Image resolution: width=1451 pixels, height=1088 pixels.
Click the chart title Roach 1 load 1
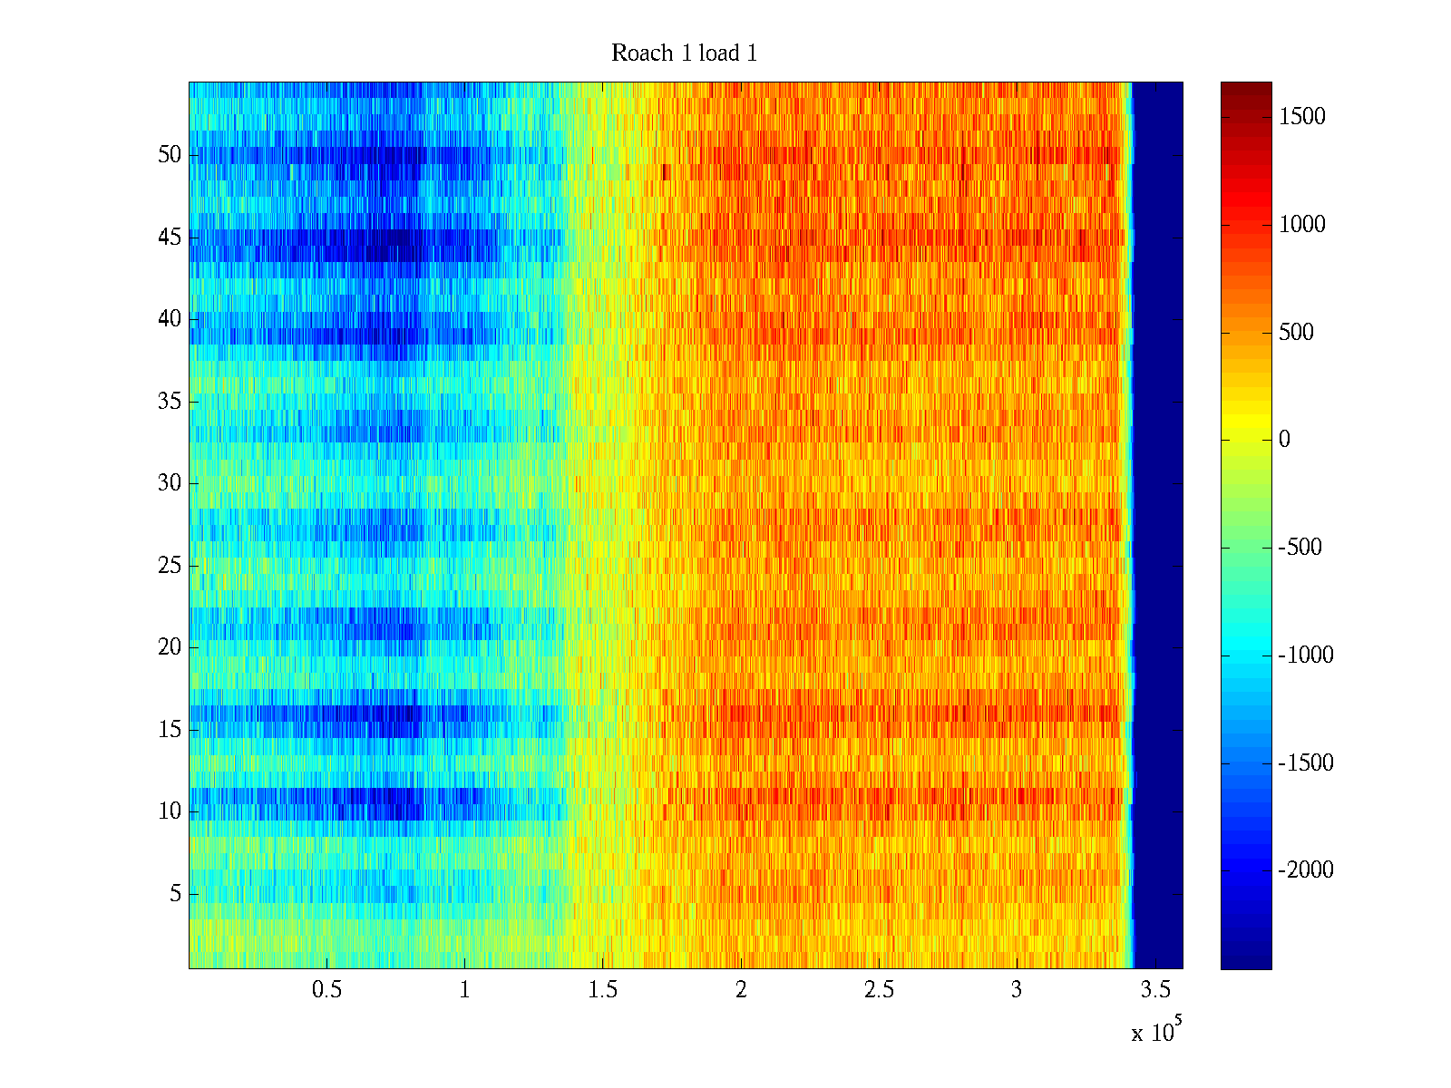pyautogui.click(x=684, y=53)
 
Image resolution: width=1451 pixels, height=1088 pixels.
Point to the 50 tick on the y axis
pyautogui.click(x=170, y=155)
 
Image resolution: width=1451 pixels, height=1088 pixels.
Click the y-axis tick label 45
pyautogui.click(x=170, y=238)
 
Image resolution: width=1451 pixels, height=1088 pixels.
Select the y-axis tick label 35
pyautogui.click(x=170, y=402)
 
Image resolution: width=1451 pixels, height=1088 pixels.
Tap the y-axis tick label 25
pyautogui.click(x=170, y=566)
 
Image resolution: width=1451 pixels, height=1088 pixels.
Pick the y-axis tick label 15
pyautogui.click(x=170, y=730)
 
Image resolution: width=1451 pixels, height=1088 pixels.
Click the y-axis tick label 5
pyautogui.click(x=175, y=894)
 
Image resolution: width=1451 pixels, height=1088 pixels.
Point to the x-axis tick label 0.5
pyautogui.click(x=327, y=990)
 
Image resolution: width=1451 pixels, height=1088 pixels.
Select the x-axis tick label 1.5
pyautogui.click(x=603, y=990)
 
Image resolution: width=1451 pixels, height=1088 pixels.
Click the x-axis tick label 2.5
pyautogui.click(x=879, y=990)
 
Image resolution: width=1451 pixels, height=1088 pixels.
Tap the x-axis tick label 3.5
pyautogui.click(x=1154, y=990)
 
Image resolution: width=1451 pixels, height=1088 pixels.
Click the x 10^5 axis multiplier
pyautogui.click(x=1155, y=1032)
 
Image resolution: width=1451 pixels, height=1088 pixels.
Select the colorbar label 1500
pyautogui.click(x=1302, y=117)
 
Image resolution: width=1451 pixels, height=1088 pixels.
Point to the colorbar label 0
pyautogui.click(x=1284, y=440)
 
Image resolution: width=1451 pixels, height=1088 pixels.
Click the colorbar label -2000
pyautogui.click(x=1306, y=870)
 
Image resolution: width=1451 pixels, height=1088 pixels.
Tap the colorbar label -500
pyautogui.click(x=1300, y=548)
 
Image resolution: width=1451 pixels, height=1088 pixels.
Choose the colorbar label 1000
pyautogui.click(x=1302, y=225)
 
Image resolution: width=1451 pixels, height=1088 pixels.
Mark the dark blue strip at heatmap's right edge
pyautogui.click(x=1158, y=526)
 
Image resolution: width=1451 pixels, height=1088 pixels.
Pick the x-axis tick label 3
pyautogui.click(x=1017, y=990)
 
